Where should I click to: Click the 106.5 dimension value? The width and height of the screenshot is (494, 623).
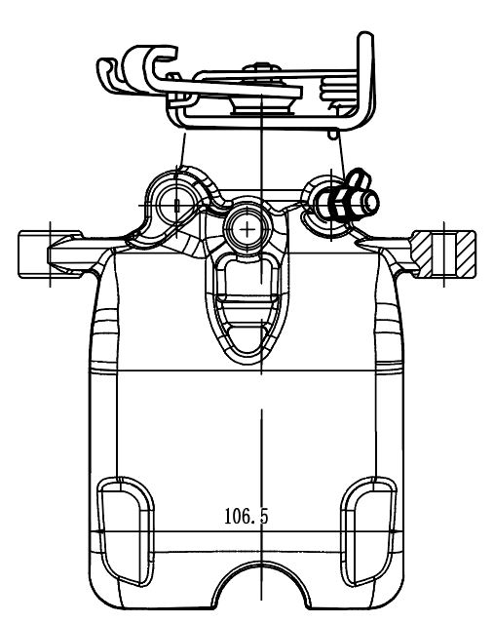pos(247,516)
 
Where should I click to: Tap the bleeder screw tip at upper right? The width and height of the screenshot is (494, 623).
pos(370,202)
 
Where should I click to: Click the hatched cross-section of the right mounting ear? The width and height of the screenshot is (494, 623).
pos(443,253)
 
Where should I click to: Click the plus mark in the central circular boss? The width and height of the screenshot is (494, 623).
pos(247,229)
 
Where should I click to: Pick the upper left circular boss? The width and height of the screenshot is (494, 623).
pos(176,205)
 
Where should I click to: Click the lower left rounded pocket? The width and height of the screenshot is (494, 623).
pos(125,531)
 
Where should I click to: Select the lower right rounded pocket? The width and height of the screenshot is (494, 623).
pos(368,531)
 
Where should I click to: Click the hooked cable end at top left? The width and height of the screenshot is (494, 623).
pos(137,71)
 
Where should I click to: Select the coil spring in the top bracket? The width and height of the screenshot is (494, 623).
pos(337,91)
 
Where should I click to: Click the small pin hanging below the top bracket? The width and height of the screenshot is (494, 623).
pos(333,135)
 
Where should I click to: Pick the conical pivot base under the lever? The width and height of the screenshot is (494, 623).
pos(262,106)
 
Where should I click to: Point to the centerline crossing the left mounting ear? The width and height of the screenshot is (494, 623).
pos(50,254)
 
